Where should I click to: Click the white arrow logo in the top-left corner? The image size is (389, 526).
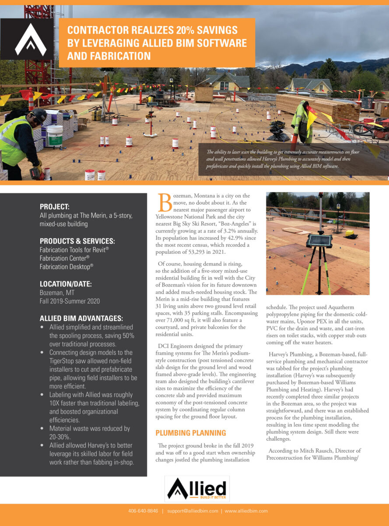[x=30, y=40]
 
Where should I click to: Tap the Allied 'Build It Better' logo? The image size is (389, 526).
[x=197, y=489]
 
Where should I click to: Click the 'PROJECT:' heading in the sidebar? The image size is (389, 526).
[x=55, y=206]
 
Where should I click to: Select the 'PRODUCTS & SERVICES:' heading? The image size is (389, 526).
[x=77, y=241]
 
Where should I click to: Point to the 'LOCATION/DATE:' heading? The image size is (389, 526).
[x=66, y=284]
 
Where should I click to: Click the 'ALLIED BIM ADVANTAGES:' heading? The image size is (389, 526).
[x=81, y=318]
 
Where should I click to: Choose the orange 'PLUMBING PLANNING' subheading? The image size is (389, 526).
[x=191, y=433]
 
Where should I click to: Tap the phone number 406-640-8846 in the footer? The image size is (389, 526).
[x=143, y=511]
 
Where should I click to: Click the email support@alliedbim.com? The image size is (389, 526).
[x=193, y=511]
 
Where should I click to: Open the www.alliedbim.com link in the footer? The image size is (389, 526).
[x=246, y=511]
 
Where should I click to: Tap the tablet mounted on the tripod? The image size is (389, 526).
[x=319, y=240]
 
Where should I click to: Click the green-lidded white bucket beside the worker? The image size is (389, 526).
[x=55, y=136]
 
